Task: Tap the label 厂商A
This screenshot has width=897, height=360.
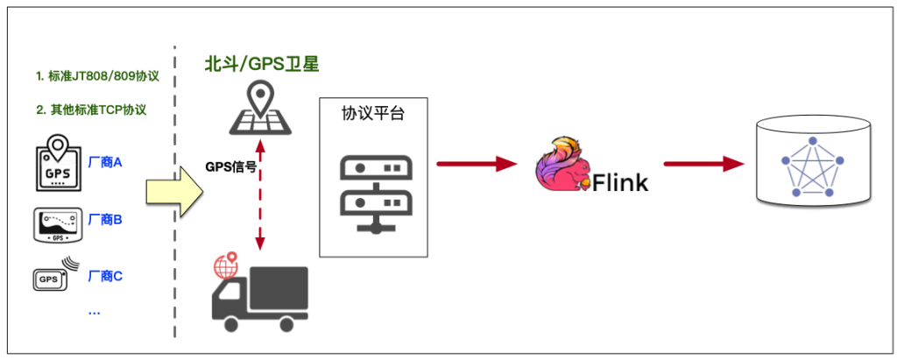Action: (x=105, y=162)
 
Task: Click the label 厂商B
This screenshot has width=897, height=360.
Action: (x=105, y=219)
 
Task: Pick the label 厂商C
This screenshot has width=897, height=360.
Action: (x=105, y=276)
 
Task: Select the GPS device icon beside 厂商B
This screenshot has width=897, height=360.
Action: (x=57, y=223)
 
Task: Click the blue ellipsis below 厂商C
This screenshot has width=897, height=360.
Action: (x=94, y=311)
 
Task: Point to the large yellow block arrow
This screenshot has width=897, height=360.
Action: (x=174, y=187)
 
